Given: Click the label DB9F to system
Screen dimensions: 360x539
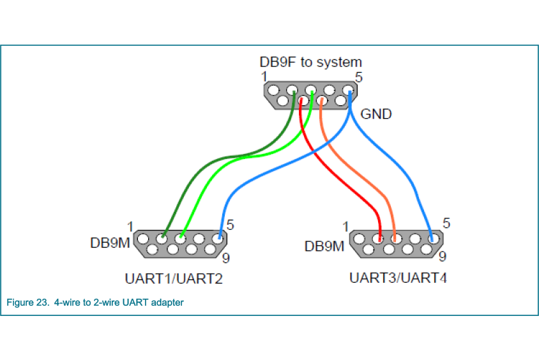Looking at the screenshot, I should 310,62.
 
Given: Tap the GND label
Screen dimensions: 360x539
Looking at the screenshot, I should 376,115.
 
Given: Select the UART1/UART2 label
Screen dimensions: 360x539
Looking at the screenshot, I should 174,279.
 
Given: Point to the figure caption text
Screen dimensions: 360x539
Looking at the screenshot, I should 95,303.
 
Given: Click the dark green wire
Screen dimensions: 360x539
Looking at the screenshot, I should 192,185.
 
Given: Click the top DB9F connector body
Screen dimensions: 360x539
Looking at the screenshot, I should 310,96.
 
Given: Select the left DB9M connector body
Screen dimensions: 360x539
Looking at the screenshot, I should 181,243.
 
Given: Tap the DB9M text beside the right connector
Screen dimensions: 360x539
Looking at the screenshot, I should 324,246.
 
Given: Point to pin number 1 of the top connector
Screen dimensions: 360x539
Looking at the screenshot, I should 264,77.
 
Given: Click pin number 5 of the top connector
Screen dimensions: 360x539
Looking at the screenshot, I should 359,77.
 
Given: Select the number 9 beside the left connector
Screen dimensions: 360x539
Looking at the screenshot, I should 226,259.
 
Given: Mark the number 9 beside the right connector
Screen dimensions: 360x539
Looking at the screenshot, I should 443,258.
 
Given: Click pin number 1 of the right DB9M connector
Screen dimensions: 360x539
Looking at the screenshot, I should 345,227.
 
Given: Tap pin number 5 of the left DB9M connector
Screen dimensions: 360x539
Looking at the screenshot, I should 230,225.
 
